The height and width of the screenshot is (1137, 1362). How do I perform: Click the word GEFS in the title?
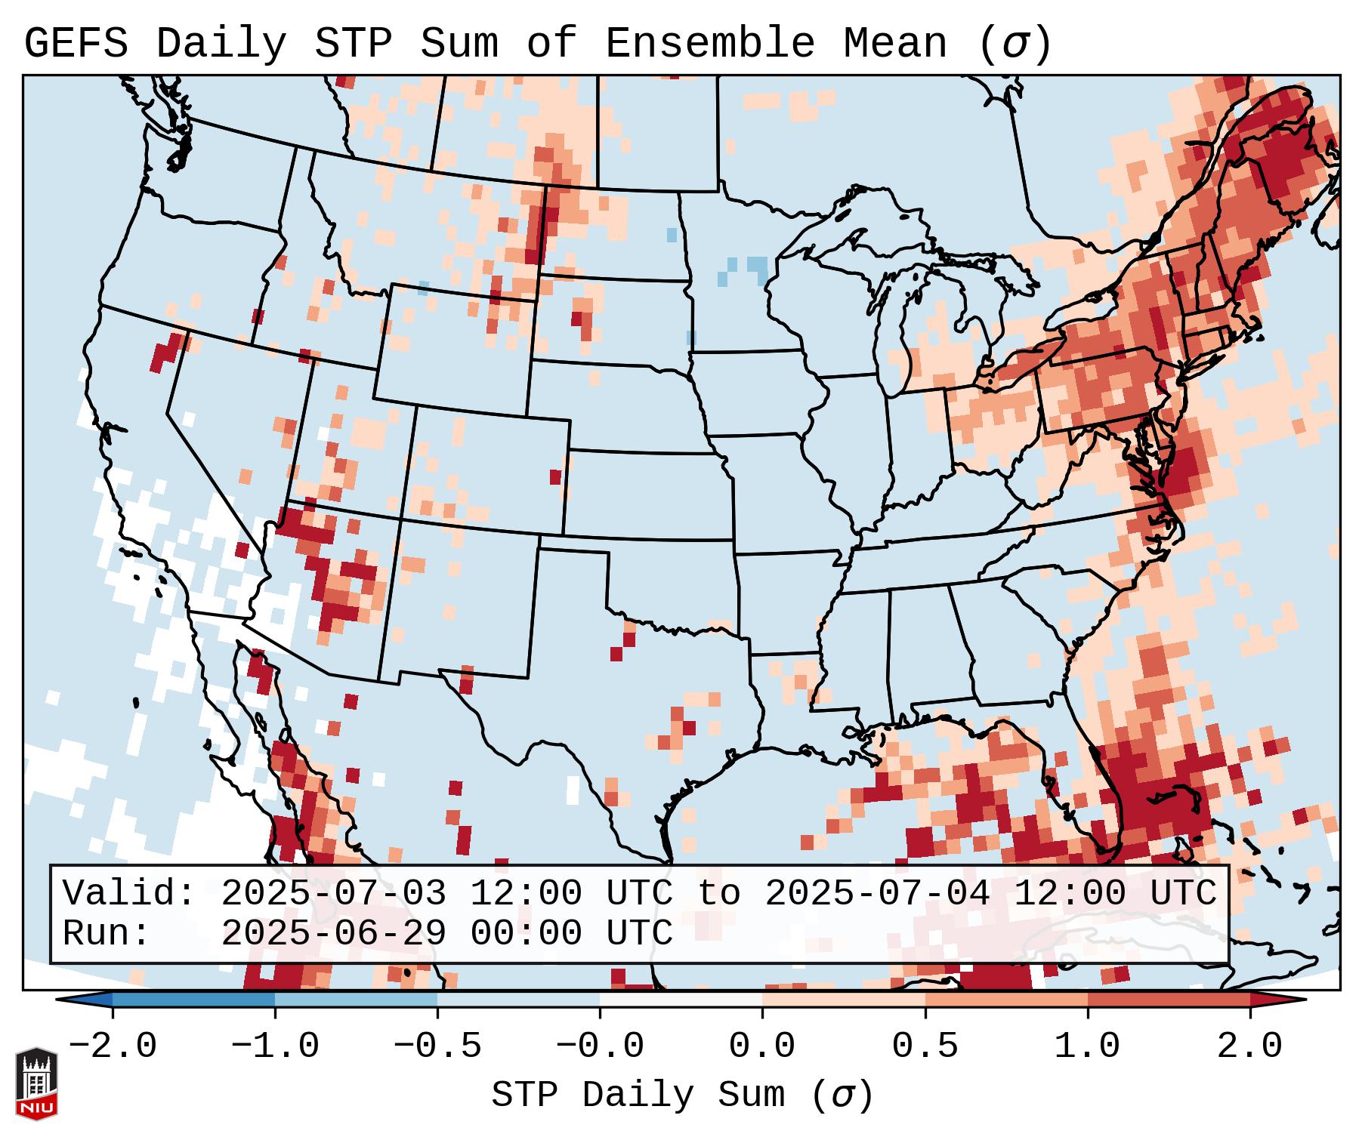pos(76,44)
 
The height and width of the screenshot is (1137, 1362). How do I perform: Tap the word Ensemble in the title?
pos(709,44)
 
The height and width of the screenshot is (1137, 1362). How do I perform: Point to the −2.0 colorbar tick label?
pos(113,1046)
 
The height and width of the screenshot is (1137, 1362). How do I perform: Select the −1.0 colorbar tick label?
pos(275,1046)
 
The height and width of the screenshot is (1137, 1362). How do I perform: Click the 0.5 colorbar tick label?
pos(925,1046)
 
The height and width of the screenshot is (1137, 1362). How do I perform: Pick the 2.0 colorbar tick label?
pos(1249,1046)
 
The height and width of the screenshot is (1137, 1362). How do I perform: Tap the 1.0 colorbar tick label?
pos(1087,1046)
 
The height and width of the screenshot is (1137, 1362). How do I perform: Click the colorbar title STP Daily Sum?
pos(638,1095)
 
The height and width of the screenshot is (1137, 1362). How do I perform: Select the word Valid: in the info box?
pos(128,894)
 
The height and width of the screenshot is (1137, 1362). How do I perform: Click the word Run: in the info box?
pos(106,934)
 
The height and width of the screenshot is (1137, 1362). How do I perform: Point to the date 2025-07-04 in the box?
pos(877,894)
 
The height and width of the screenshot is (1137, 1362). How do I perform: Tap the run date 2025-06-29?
pos(333,934)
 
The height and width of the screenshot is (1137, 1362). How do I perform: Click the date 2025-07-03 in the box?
pos(333,894)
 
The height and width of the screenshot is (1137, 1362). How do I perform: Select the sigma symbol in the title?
pos(1015,44)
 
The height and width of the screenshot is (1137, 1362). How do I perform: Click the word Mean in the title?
pos(894,44)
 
